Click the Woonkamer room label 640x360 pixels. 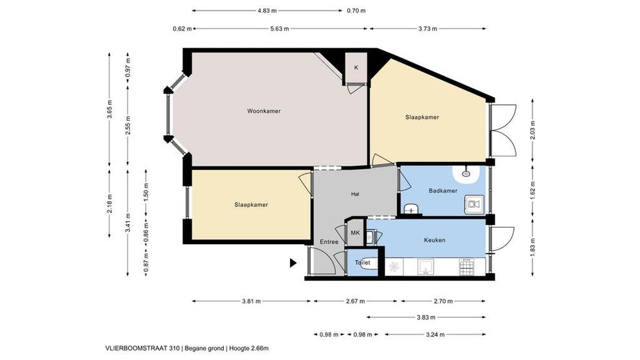(x=264, y=111)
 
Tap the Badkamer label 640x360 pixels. (x=443, y=191)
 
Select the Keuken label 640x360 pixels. (x=435, y=240)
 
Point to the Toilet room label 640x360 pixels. (x=362, y=263)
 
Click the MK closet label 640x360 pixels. (x=355, y=233)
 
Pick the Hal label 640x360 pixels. (x=355, y=194)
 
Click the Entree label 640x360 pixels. (x=329, y=242)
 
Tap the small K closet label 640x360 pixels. (x=356, y=67)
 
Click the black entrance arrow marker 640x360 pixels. (x=293, y=264)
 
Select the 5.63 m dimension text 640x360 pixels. (x=280, y=28)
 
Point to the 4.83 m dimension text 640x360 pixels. (x=267, y=11)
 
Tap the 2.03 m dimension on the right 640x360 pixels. (x=532, y=130)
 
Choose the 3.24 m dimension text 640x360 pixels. (x=435, y=335)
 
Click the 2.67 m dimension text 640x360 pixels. (x=354, y=301)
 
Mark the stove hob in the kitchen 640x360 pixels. (x=468, y=267)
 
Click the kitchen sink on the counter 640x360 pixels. (x=425, y=267)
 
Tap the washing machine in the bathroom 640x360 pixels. (x=474, y=204)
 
